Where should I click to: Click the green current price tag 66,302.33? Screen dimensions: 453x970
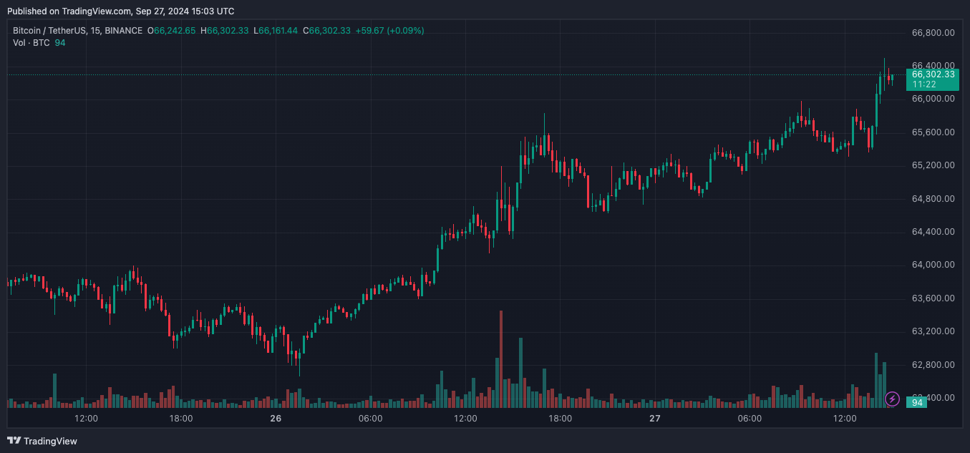[933, 74]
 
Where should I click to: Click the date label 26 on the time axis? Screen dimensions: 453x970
[276, 419]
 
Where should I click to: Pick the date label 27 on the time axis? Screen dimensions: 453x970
[654, 419]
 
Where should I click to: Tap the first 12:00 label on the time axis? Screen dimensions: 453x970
[86, 419]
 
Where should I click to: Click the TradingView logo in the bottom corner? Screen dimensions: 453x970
[42, 441]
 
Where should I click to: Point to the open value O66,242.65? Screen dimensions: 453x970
[171, 31]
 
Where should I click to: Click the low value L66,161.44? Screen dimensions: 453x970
[278, 31]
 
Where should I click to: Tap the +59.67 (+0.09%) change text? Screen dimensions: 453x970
[389, 31]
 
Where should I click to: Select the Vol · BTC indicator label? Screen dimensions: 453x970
[31, 43]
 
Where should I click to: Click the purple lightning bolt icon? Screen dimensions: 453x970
[893, 399]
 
